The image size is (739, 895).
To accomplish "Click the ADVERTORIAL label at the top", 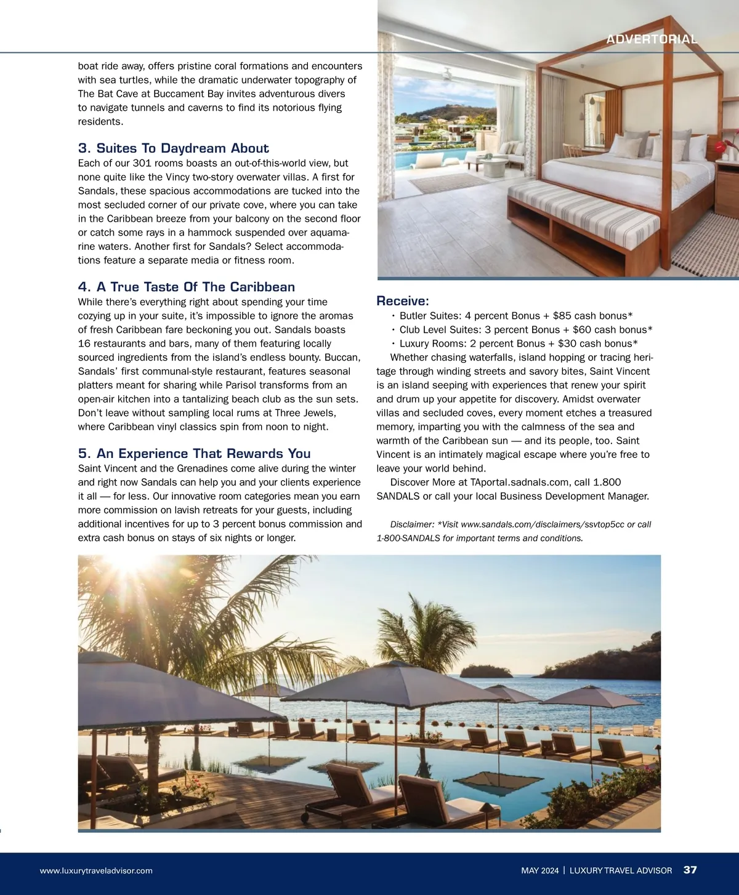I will click(652, 39).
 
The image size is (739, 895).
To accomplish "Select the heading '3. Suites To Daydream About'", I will click(173, 148).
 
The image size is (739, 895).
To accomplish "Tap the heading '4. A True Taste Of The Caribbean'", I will click(186, 287).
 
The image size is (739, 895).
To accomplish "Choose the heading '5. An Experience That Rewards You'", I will click(194, 454).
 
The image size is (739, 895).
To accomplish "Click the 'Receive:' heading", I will click(402, 301).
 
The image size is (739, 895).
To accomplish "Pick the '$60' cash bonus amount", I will click(582, 330).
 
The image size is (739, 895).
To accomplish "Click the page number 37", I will click(690, 870).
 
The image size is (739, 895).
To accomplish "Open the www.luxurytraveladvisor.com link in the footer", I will click(96, 870).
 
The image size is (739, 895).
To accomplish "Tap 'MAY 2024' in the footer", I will click(539, 870).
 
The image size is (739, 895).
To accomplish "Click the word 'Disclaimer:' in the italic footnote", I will click(412, 524).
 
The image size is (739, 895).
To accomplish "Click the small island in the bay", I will click(485, 670).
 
